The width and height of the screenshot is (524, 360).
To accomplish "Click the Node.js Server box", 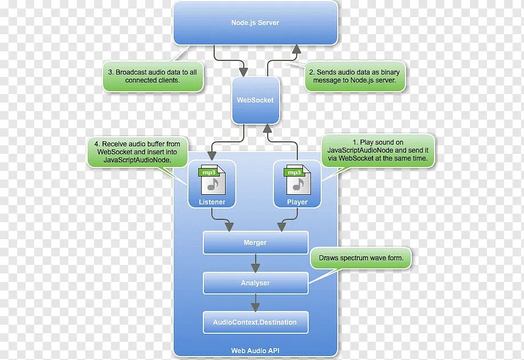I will tap(255, 23).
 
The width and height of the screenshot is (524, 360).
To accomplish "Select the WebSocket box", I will tap(255, 100).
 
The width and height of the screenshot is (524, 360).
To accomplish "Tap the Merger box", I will tap(255, 243).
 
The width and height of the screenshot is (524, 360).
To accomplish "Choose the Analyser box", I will tap(255, 283).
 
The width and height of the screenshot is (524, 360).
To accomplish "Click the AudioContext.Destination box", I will tap(255, 322).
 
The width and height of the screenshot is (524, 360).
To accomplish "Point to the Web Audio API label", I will tap(255, 351).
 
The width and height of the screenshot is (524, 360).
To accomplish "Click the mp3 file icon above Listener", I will tap(212, 181).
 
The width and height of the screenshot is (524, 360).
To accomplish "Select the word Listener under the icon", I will tap(212, 202).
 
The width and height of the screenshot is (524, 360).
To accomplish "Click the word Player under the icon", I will tap(297, 202).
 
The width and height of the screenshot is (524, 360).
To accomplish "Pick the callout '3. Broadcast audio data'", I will tap(153, 76).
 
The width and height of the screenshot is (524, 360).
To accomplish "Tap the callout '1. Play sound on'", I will tap(378, 150).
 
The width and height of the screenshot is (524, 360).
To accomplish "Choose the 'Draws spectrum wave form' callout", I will tap(361, 258).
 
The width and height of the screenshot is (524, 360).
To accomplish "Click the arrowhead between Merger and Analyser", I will tap(256, 267).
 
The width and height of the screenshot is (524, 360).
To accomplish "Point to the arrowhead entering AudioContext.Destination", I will tap(256, 307).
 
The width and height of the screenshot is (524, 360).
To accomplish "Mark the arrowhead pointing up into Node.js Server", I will tap(296, 50).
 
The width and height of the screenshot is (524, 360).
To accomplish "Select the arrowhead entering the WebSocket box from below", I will tap(267, 129).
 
